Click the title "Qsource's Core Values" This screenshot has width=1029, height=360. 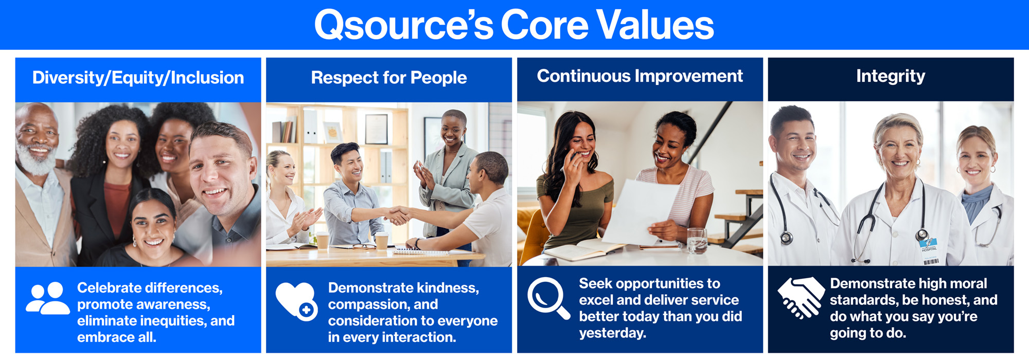[x=514, y=25]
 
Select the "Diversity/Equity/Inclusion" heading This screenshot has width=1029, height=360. [x=138, y=78]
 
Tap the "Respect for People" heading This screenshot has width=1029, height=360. [x=389, y=78]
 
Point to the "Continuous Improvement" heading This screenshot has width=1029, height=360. [x=640, y=76]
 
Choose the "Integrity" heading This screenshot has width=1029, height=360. [x=891, y=77]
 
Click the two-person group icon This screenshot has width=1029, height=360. [x=48, y=298]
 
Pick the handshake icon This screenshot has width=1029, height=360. [x=801, y=297]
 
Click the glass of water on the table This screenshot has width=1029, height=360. [x=697, y=240]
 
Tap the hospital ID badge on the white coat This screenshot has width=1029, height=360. [x=929, y=246]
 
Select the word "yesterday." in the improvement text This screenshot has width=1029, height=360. [x=612, y=333]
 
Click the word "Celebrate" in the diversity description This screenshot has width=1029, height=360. [x=109, y=287]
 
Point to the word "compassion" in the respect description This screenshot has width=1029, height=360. [x=367, y=304]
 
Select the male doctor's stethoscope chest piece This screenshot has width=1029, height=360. [x=786, y=238]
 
